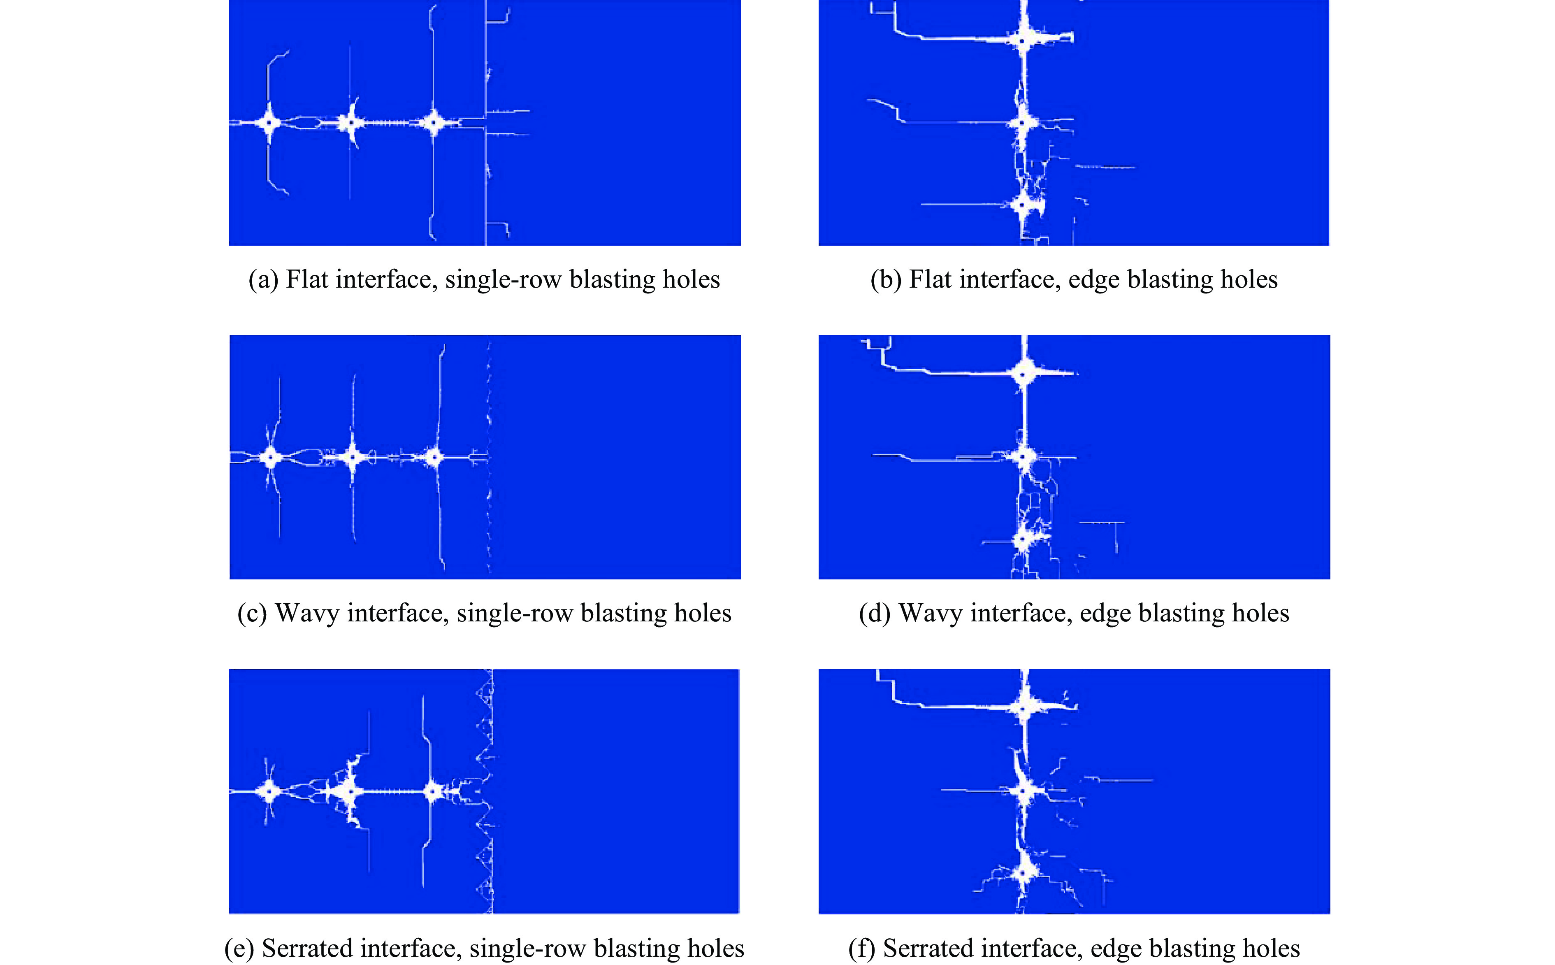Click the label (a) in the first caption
click(263, 279)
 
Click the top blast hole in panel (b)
click(1022, 41)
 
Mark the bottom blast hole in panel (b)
click(1022, 205)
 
